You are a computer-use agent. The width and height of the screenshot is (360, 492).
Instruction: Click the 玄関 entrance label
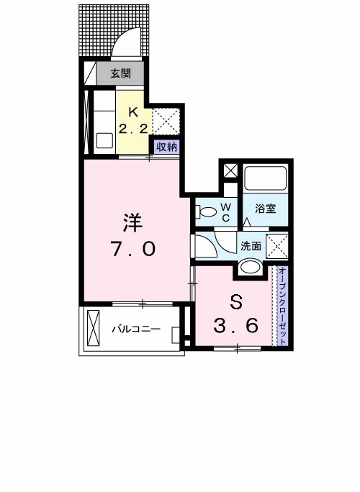(x=120, y=73)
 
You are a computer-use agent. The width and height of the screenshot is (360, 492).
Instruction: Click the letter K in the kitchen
(x=132, y=111)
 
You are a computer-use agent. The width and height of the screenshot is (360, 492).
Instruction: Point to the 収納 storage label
(x=166, y=146)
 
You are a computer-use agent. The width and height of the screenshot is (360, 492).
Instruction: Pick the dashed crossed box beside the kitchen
(x=166, y=120)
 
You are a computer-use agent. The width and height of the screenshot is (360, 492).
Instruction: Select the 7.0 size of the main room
(x=132, y=250)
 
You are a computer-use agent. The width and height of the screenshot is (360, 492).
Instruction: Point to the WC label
(x=225, y=212)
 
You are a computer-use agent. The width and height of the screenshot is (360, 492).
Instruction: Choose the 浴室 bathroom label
(x=266, y=209)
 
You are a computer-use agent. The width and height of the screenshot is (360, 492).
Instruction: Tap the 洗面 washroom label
(x=251, y=245)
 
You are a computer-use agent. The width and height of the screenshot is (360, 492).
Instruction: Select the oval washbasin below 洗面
(x=251, y=267)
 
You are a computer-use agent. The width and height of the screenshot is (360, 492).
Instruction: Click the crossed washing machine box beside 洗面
(x=277, y=245)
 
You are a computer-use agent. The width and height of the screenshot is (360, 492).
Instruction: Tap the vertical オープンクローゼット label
(x=282, y=306)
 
